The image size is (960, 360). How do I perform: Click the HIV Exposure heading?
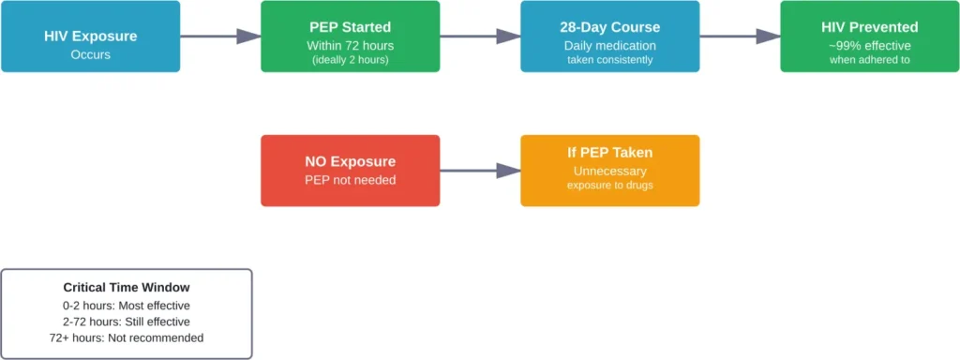[x=90, y=37]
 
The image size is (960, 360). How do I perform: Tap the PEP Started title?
[x=350, y=27]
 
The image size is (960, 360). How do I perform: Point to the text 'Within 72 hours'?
[x=350, y=45]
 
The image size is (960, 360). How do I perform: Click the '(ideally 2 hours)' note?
[x=350, y=60]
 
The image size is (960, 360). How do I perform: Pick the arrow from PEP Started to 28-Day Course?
[x=480, y=37]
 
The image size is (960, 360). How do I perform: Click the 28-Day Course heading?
[x=609, y=27]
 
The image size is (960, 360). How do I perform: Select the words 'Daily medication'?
[x=609, y=45]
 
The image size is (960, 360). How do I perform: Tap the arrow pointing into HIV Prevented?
[x=740, y=37]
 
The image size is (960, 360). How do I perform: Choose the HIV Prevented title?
[x=870, y=27]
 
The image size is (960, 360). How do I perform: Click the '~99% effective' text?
[x=870, y=45]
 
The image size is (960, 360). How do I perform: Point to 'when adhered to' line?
[x=870, y=60]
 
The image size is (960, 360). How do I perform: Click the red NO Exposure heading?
[x=350, y=161]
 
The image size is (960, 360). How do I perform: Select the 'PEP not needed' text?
[x=350, y=179]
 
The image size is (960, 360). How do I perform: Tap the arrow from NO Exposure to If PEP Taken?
[x=480, y=171]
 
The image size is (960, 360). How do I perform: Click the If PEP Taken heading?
[x=609, y=153]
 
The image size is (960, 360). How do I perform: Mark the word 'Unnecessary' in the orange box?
[x=609, y=171]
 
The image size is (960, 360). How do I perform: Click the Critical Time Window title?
[x=127, y=288]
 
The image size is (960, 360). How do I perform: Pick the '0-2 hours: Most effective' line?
[x=127, y=306]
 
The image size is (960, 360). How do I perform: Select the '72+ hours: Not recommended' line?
[x=127, y=337]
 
